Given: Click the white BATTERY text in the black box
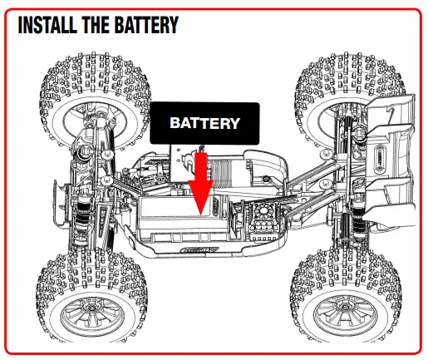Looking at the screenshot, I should coord(204,123).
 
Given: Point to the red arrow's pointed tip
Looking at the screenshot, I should coord(200,218).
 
